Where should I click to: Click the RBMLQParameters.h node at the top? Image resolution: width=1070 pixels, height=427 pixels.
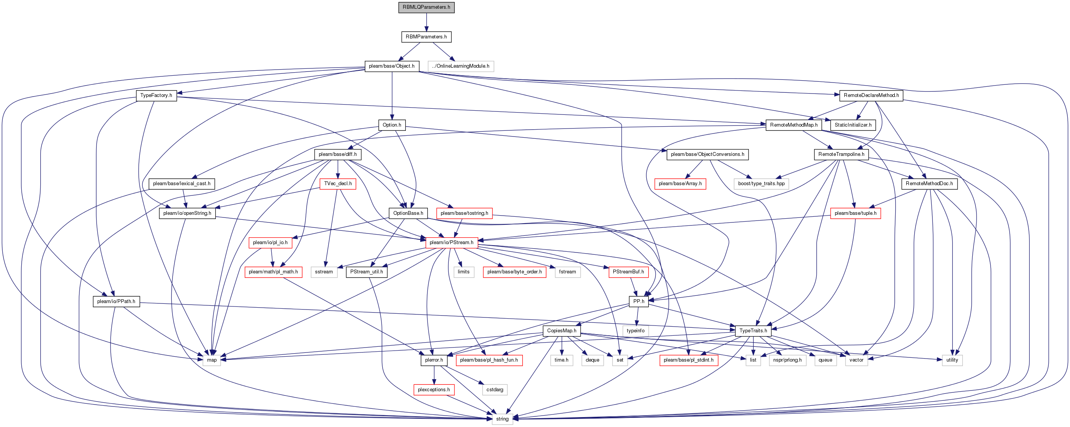(x=426, y=7)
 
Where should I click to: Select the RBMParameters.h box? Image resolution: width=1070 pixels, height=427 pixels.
(x=426, y=37)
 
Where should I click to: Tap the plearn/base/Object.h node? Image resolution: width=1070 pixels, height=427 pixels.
(x=392, y=66)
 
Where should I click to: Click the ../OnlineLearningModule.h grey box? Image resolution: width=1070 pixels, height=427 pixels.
(x=461, y=66)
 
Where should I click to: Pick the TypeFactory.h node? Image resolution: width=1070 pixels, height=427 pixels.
(x=156, y=95)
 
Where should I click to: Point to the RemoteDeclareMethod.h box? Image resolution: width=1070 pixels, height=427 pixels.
(x=871, y=95)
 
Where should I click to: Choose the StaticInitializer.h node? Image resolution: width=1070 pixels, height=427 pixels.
(x=853, y=125)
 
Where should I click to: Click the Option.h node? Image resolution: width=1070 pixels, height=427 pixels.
(x=392, y=125)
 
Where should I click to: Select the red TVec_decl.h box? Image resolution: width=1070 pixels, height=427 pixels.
(x=338, y=183)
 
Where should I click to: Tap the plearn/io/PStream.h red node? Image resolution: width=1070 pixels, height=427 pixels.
(x=451, y=242)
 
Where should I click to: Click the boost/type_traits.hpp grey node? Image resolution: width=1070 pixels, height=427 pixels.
(x=761, y=183)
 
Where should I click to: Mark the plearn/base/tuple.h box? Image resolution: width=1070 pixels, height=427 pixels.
(x=856, y=213)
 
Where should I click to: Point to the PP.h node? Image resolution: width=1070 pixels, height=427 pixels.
(x=639, y=302)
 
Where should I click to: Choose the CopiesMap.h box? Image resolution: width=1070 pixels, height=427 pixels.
(x=562, y=330)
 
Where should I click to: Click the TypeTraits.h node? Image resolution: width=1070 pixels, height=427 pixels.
(x=753, y=330)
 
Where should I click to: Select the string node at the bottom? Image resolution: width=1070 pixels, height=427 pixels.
(x=502, y=419)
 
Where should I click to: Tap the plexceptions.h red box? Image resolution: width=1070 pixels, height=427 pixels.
(x=434, y=390)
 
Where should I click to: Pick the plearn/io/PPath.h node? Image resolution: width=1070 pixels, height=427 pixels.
(x=116, y=302)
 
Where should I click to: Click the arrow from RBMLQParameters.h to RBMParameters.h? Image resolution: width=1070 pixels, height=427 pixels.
(x=426, y=22)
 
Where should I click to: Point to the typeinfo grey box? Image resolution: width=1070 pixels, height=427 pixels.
(x=636, y=330)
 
